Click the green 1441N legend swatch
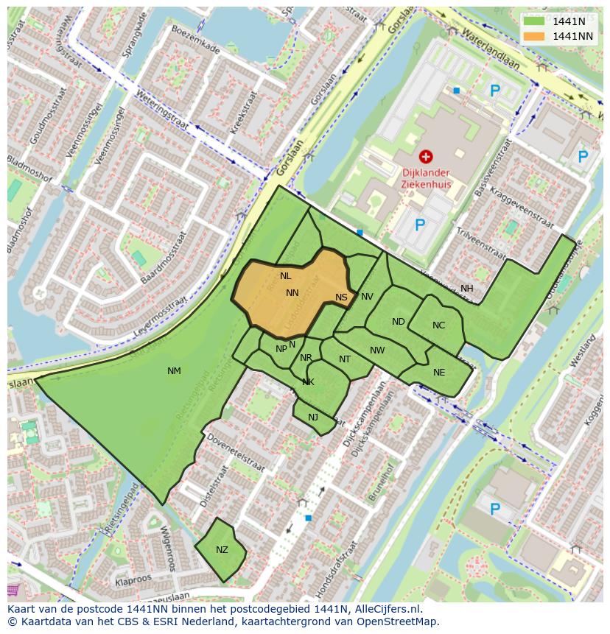pos(535,21)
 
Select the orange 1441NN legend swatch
pos(535,36)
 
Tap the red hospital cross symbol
pos(425,156)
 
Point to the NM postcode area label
pos(174,371)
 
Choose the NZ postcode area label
pos(222,550)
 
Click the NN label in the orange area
pos(292,293)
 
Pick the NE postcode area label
pos(439,373)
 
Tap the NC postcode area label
pos(438,325)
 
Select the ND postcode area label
pos(398,322)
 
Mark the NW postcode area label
pos(377,351)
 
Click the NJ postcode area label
pos(313,418)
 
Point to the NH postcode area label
pos(467,289)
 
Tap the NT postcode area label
pos(345,359)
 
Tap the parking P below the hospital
pos(419,225)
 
